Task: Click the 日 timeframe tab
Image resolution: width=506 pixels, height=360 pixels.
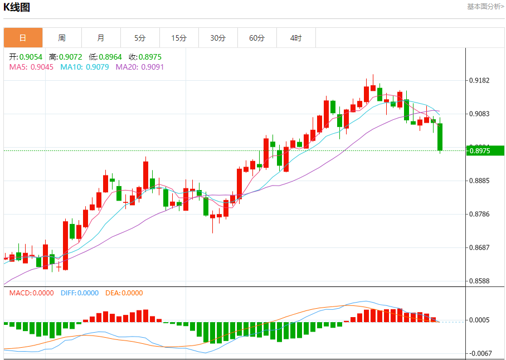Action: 23,38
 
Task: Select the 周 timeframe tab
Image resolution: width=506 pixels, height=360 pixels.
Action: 62,38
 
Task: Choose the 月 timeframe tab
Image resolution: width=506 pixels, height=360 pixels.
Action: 101,38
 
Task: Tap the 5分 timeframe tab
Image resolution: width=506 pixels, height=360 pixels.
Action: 140,38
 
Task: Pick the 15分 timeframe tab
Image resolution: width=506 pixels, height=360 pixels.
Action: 179,38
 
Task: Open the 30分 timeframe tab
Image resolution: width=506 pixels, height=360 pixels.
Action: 218,38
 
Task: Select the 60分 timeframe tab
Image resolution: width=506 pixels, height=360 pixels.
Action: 257,38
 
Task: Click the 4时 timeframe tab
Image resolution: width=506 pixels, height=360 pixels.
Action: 296,38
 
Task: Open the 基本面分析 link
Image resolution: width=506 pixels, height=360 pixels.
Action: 485,7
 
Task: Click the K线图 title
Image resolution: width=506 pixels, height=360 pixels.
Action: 17,7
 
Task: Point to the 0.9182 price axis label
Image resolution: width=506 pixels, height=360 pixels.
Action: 479,80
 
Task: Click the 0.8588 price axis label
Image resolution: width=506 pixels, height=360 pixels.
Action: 479,281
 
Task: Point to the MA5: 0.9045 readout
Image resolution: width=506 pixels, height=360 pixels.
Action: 31,67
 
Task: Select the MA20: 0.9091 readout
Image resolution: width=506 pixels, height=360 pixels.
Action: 140,67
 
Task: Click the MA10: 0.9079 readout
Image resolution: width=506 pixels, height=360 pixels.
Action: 85,67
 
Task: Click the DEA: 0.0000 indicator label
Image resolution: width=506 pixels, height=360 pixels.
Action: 124,293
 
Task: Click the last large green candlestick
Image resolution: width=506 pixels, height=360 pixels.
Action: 440,137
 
